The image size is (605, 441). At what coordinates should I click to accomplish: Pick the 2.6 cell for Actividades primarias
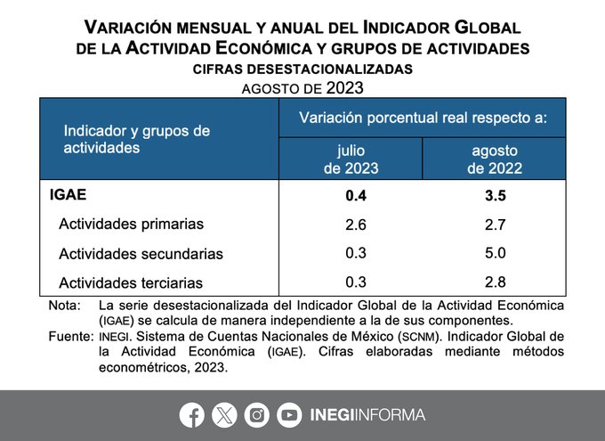pos(355,224)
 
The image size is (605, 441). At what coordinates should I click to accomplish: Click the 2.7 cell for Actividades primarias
pos(495,224)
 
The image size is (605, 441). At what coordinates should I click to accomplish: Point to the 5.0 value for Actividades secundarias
pos(495,253)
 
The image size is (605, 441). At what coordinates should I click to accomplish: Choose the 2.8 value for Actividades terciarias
pos(495,282)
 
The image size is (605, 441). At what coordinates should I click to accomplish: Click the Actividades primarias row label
pos(131,224)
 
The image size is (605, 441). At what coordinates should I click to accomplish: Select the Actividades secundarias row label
pos(141,254)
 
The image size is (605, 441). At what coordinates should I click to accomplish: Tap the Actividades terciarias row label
pos(131,283)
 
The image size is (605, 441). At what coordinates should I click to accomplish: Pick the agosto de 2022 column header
pos(495,159)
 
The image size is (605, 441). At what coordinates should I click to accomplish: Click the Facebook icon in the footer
pos(191,414)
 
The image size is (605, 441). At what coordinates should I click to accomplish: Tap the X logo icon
pos(224,414)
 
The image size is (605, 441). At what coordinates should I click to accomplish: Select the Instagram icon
pos(257,414)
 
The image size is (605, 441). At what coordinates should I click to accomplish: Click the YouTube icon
pos(289,414)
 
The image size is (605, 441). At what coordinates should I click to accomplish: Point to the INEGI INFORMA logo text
pos(367,414)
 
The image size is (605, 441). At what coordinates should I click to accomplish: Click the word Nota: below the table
pos(64,306)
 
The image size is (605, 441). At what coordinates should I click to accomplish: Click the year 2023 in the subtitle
pos(344,87)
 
